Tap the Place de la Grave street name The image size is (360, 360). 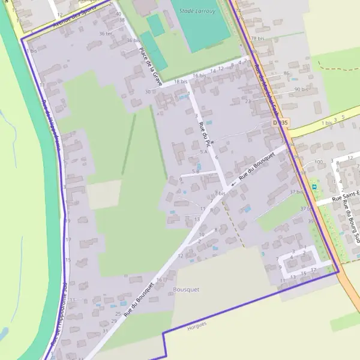tap(150, 67)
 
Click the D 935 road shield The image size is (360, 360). tap(280, 122)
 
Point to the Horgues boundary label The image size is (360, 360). tap(197, 325)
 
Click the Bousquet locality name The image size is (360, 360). tap(185, 289)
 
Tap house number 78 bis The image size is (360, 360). tap(257, 38)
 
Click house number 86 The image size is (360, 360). tap(287, 73)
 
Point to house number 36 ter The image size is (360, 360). tap(106, 34)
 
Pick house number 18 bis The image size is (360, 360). tap(180, 82)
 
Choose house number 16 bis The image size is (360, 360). tap(199, 76)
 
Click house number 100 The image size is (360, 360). tap(318, 162)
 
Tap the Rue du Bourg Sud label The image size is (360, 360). tap(350, 220)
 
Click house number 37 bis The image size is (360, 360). tap(295, 192)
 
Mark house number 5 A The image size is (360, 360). tap(205, 152)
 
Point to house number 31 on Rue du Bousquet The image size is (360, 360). tap(105, 331)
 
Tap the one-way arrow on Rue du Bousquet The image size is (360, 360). tap(233, 182)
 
